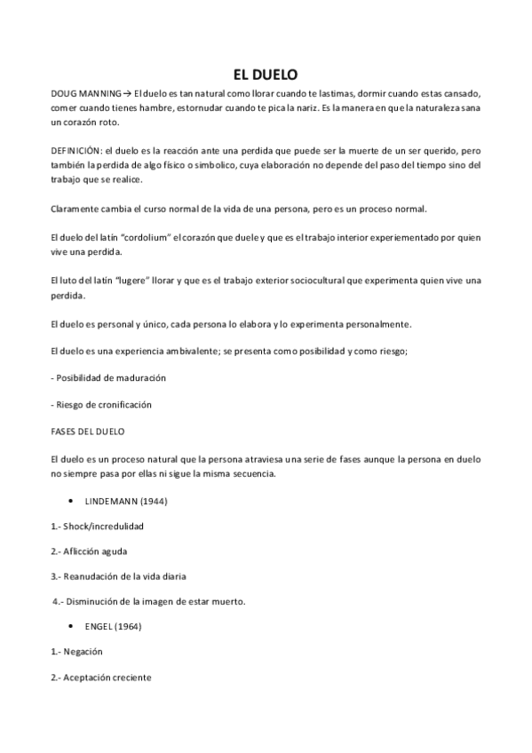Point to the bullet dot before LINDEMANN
click(x=70, y=503)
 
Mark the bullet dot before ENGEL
click(x=70, y=626)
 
